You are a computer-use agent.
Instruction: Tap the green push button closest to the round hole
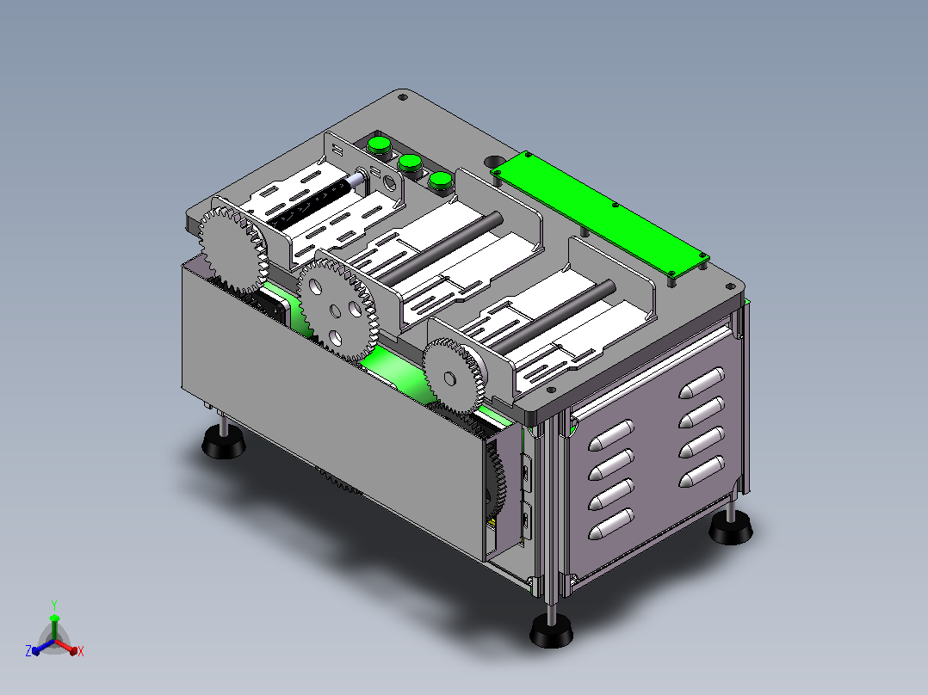pos(441,181)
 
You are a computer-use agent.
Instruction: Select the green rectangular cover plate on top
pos(599,213)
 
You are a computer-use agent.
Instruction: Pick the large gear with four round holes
pos(336,311)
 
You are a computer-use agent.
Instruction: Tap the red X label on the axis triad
pos(81,651)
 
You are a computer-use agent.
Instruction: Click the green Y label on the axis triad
pos(54,605)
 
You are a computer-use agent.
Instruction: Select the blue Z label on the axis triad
pos(28,651)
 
